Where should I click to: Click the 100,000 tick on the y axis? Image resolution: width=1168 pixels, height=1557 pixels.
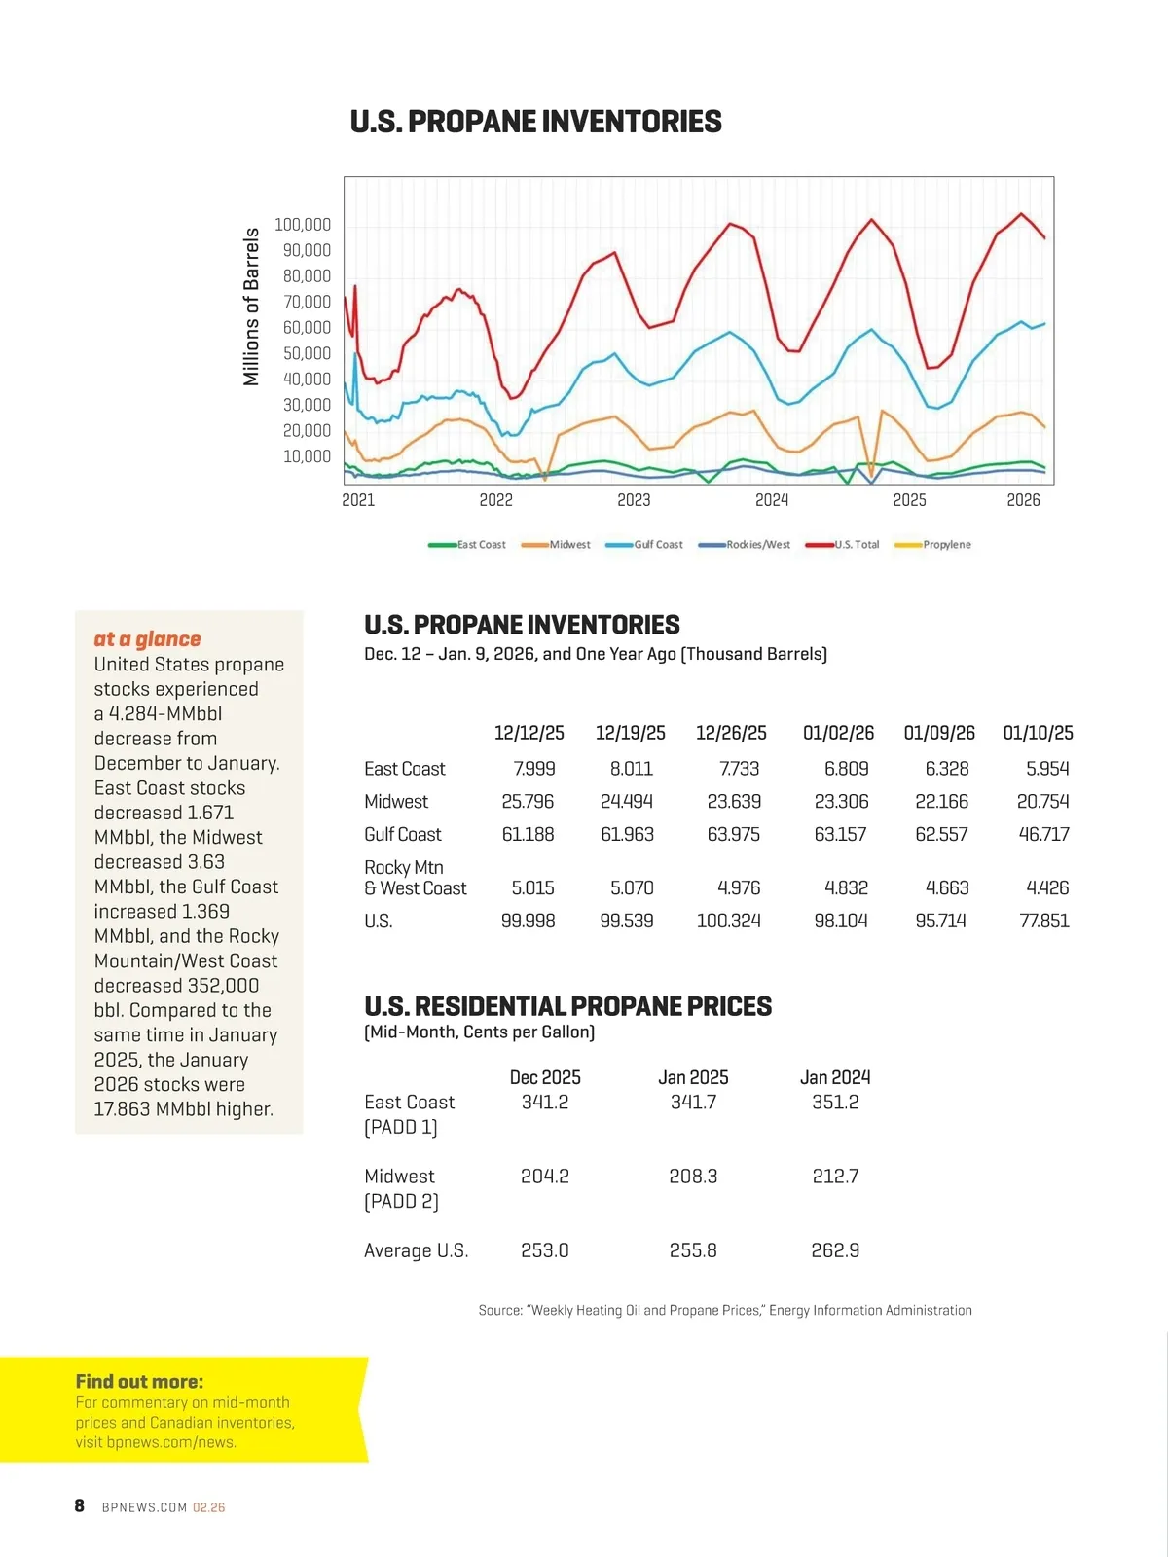tap(303, 225)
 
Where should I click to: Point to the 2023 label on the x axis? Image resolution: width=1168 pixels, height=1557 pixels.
tap(634, 500)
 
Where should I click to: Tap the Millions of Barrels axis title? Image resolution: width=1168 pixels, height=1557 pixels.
tap(252, 307)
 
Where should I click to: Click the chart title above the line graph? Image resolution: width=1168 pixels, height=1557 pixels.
tap(535, 122)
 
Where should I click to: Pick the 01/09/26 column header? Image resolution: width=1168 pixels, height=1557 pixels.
tap(939, 733)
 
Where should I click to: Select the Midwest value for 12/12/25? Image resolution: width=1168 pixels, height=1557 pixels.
tap(528, 802)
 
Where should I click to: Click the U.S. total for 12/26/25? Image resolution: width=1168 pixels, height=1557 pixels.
tap(729, 921)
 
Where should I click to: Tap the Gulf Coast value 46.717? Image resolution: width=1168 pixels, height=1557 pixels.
tap(1043, 835)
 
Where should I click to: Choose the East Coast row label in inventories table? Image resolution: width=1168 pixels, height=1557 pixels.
tap(405, 769)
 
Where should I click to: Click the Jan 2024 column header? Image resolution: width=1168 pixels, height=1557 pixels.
tap(835, 1077)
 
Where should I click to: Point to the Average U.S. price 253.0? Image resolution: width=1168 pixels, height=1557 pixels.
tap(545, 1250)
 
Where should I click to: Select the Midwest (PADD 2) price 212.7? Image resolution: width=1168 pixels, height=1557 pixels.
tap(835, 1177)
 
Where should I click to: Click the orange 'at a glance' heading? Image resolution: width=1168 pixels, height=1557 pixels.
tap(147, 639)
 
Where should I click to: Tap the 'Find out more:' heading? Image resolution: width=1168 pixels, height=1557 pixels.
tap(139, 1382)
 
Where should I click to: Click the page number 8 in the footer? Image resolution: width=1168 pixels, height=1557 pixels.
tap(80, 1506)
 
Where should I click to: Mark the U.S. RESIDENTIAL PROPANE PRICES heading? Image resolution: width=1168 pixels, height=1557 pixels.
tap(567, 1006)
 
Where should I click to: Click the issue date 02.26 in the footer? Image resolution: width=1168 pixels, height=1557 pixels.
tap(208, 1507)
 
